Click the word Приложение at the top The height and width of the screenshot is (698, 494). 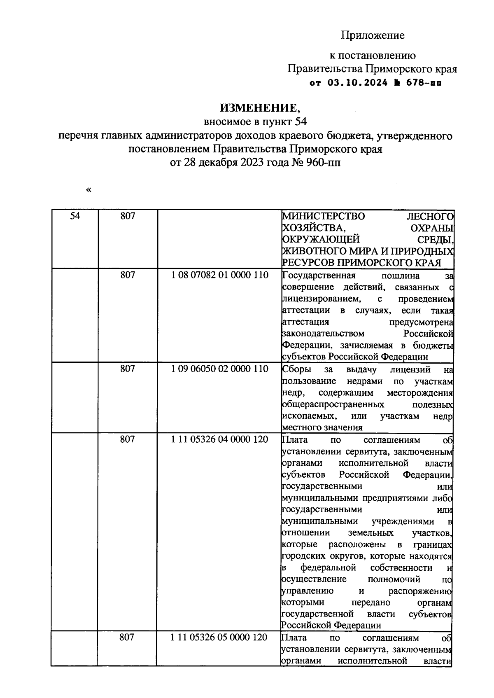[x=373, y=36]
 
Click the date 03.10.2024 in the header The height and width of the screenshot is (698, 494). [x=358, y=82]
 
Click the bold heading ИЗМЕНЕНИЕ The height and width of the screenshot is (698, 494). [x=260, y=108]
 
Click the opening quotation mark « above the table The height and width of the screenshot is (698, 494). [x=89, y=190]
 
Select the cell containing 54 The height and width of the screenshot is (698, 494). [x=75, y=216]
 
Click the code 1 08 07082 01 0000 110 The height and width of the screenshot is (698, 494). [x=219, y=275]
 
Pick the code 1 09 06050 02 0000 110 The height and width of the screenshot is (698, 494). [x=219, y=369]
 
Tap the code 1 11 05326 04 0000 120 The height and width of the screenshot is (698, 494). [x=219, y=439]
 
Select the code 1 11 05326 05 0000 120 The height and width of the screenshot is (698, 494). [x=219, y=637]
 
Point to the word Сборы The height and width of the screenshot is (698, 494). [x=297, y=369]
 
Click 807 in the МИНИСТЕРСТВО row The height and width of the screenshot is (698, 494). [x=128, y=216]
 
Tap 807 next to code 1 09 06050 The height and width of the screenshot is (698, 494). [x=128, y=369]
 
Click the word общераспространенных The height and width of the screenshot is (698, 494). [x=333, y=404]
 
